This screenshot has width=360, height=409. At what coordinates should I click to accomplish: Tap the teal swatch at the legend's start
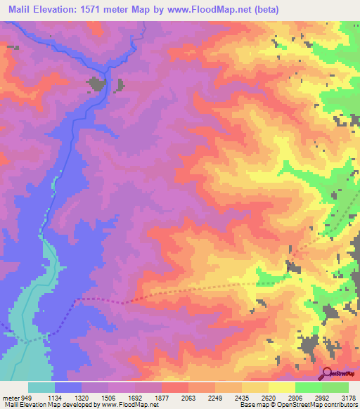[x=41, y=387]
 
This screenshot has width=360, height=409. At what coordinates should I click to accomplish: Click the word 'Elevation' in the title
[x=65, y=10]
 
